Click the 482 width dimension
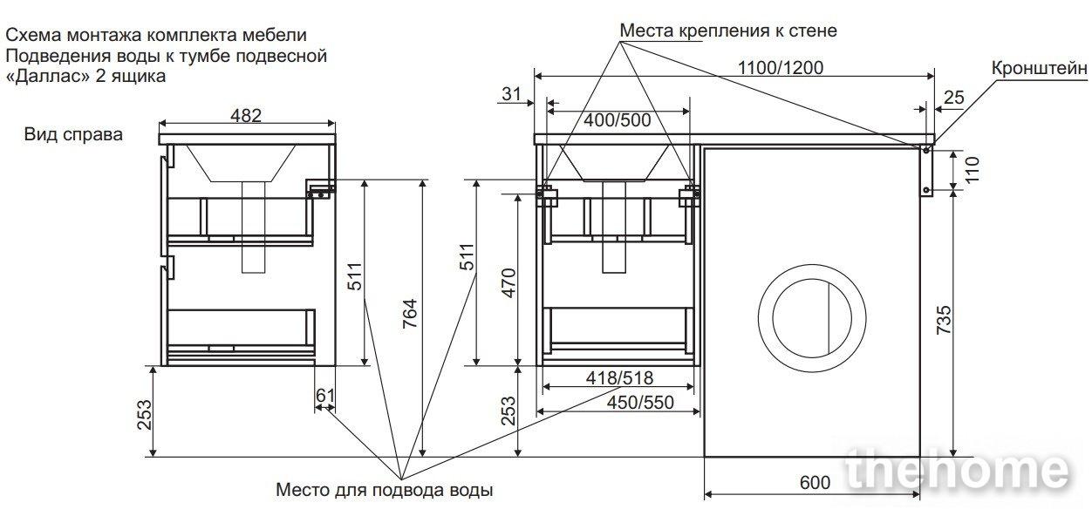click(246, 115)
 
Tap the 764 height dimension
click(410, 313)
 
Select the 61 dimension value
click(325, 395)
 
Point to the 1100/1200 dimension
click(781, 68)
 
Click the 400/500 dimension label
click(618, 120)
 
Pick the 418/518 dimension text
click(619, 377)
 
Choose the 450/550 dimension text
click(640, 403)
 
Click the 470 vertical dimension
click(508, 282)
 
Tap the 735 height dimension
click(945, 320)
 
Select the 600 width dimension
click(816, 482)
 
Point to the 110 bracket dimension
click(973, 169)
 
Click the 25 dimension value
click(954, 98)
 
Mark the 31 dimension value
click(511, 93)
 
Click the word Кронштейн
click(1040, 69)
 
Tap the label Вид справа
click(73, 134)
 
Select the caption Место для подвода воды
click(384, 490)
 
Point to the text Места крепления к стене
click(728, 31)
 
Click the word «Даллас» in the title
click(48, 77)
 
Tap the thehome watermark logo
click(957, 470)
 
